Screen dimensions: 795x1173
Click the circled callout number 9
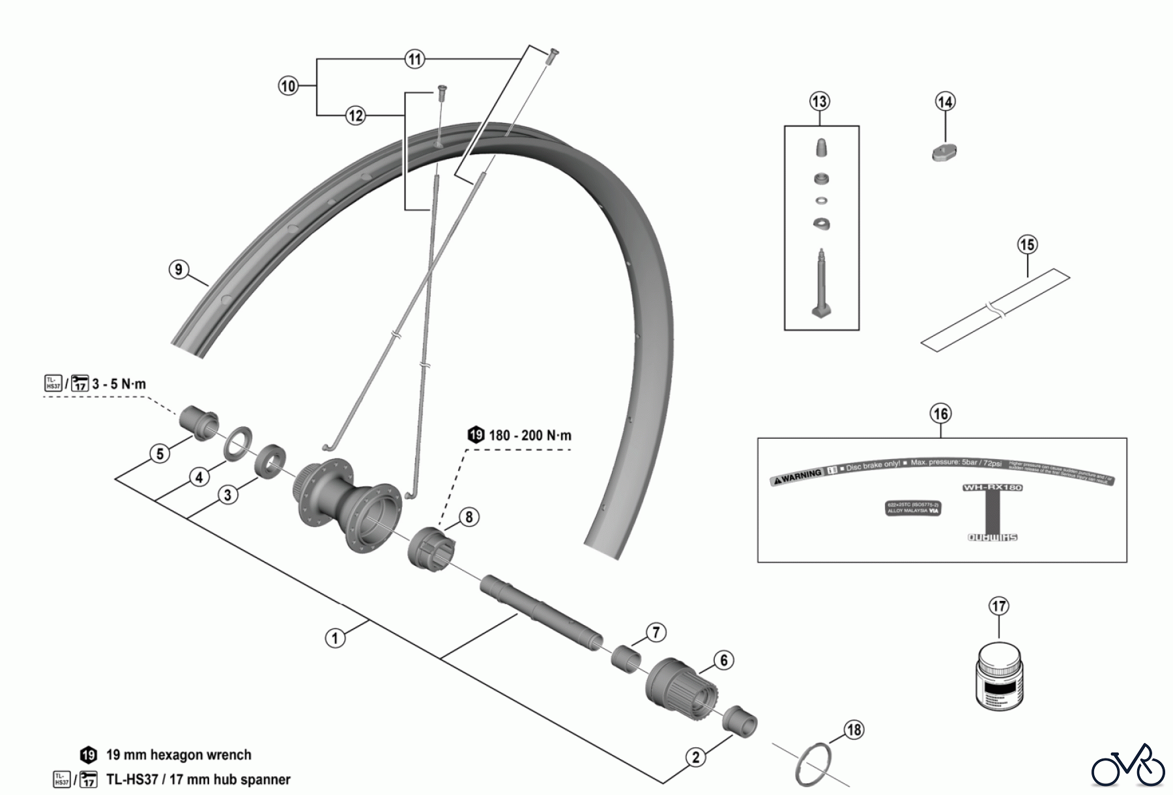pos(179,270)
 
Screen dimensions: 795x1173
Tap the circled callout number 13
pos(819,102)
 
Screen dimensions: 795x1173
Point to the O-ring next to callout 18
pos(815,765)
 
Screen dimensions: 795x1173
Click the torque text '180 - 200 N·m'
pos(529,435)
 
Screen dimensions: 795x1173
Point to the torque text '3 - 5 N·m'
pos(119,384)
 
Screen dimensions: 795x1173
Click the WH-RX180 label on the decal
pos(992,487)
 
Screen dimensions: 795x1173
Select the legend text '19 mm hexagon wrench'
pos(178,755)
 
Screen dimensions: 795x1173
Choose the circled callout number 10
pos(288,86)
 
